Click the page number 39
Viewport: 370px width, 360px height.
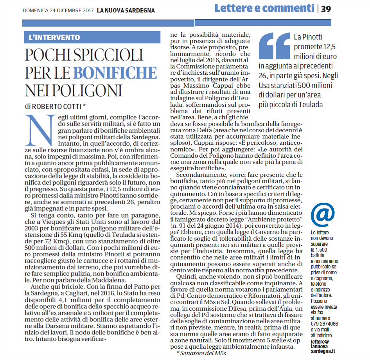click(x=326, y=9)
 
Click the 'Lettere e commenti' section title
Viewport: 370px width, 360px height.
click(x=264, y=8)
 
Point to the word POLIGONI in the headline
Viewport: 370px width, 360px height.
click(x=73, y=90)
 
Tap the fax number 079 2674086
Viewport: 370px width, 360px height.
click(x=325, y=324)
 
